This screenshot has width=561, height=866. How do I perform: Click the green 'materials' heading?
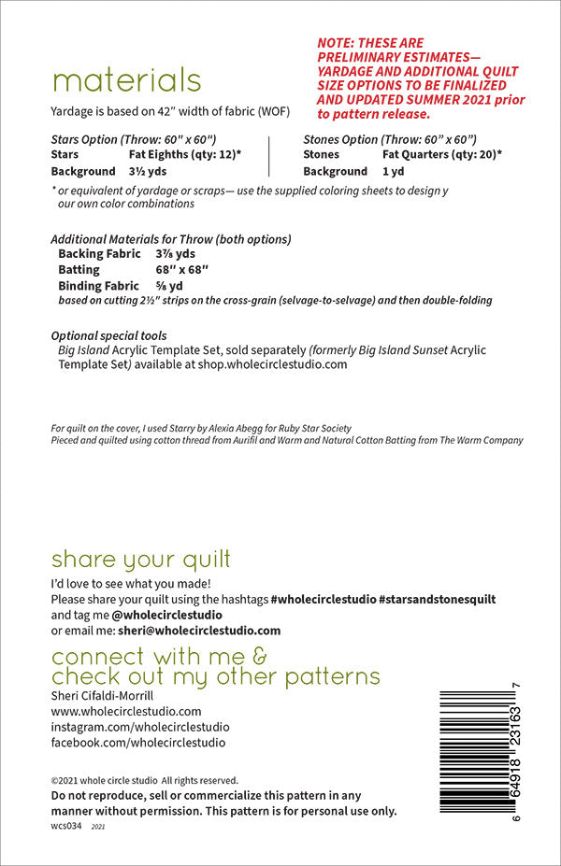[x=125, y=80]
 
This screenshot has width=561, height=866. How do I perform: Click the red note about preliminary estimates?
[x=420, y=78]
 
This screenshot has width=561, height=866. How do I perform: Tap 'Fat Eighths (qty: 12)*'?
[x=184, y=154]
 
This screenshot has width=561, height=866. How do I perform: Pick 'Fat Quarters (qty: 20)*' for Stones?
[x=442, y=154]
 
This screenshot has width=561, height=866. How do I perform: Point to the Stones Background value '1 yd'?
[x=394, y=172]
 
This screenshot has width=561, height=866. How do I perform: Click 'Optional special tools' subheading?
[x=108, y=334]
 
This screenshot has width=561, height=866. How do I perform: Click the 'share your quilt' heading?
[x=140, y=560]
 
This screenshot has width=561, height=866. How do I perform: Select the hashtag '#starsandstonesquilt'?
[x=437, y=599]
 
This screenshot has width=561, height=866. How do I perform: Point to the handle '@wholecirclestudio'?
[x=166, y=615]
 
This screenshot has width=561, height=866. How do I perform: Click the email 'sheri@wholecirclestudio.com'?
[x=198, y=631]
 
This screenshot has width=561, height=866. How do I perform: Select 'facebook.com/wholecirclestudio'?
[x=137, y=743]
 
